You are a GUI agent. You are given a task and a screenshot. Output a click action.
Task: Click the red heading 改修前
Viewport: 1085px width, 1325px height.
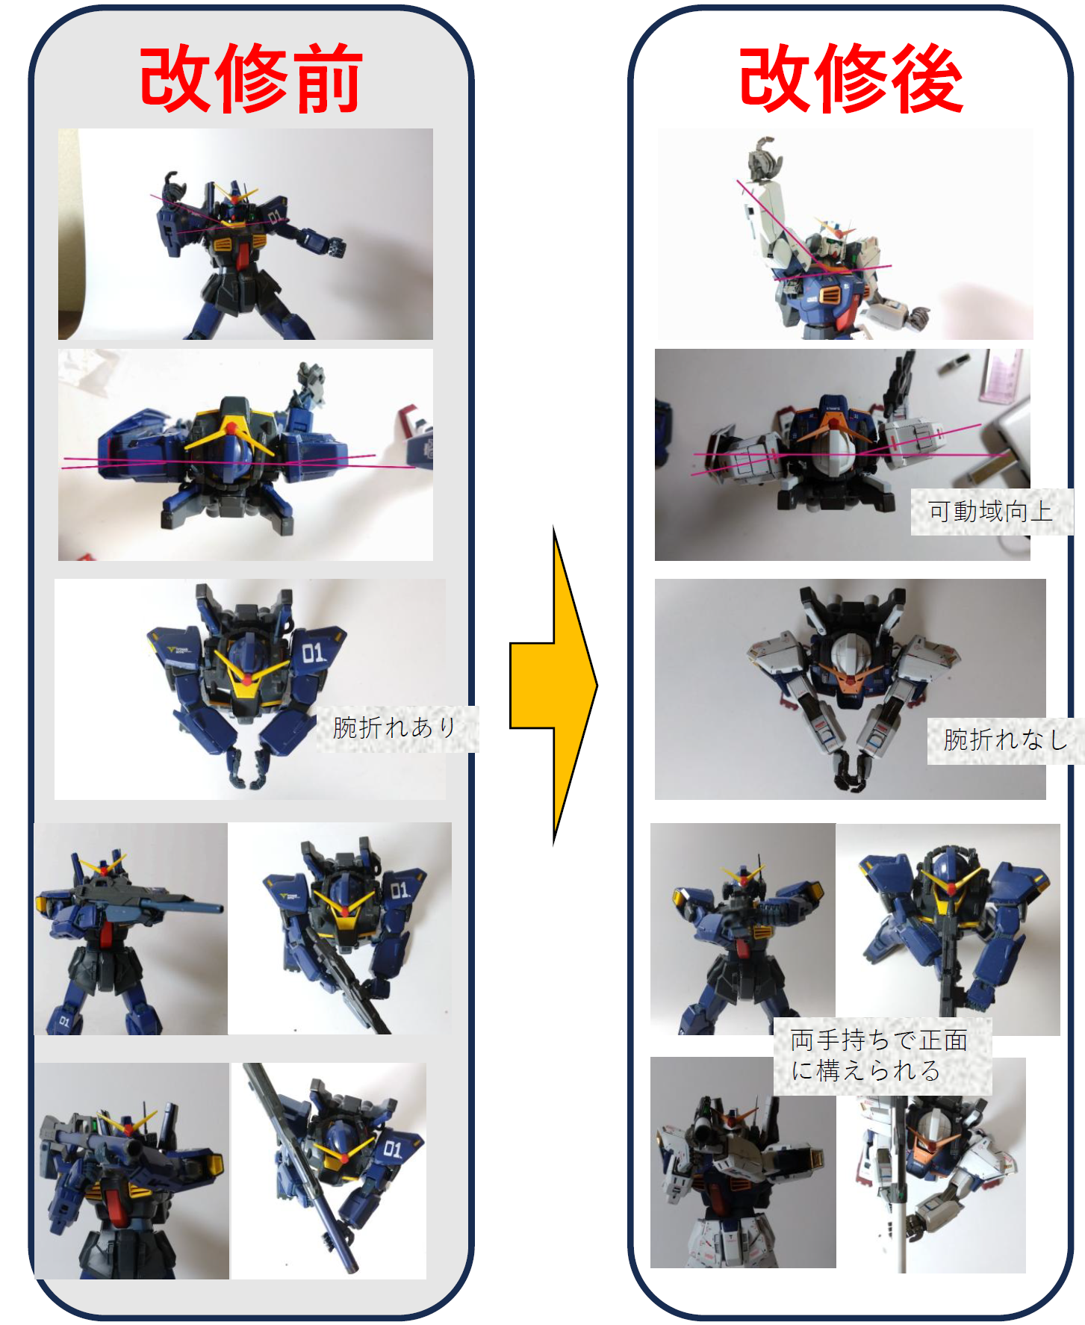pos(251,78)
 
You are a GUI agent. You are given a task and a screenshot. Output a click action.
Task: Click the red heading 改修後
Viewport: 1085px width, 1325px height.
pos(851,78)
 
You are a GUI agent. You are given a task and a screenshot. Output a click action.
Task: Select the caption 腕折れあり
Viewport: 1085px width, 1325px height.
pos(395,727)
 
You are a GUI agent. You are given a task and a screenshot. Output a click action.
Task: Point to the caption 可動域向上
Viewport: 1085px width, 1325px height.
pos(991,512)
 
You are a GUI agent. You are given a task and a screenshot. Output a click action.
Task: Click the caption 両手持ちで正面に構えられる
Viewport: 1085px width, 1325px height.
pos(880,1055)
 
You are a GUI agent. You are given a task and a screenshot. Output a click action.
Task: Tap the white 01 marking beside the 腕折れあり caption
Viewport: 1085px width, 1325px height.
pos(314,654)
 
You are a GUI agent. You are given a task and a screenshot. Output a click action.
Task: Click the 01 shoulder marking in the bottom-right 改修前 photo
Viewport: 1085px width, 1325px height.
pos(393,1148)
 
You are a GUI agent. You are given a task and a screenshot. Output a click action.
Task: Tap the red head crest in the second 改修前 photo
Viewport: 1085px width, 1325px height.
pos(231,429)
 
